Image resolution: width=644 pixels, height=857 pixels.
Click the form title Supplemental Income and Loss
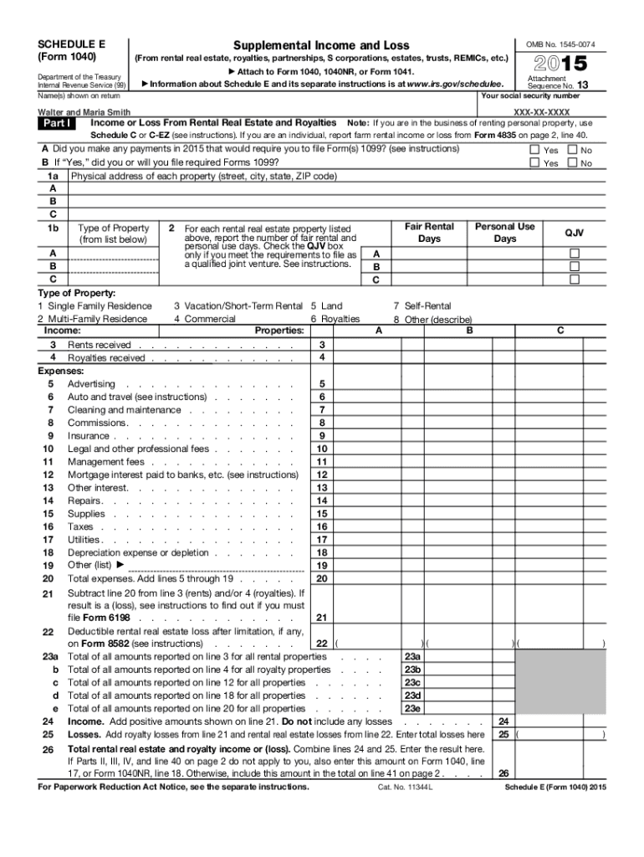click(321, 44)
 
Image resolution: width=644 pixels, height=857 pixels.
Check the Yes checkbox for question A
click(535, 151)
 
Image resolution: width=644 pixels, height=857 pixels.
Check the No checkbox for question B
click(573, 163)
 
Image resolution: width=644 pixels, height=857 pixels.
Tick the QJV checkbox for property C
click(574, 279)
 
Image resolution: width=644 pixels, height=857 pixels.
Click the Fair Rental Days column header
click(429, 233)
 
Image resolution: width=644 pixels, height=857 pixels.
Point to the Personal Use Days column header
click(504, 233)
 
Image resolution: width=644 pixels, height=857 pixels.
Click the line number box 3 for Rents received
click(322, 346)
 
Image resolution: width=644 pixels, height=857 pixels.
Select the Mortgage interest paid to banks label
click(182, 475)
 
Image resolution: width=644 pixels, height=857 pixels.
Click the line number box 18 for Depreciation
click(322, 553)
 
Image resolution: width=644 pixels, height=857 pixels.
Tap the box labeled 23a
click(411, 657)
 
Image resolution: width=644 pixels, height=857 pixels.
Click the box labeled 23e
click(411, 708)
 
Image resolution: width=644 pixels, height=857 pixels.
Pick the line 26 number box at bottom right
click(503, 773)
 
